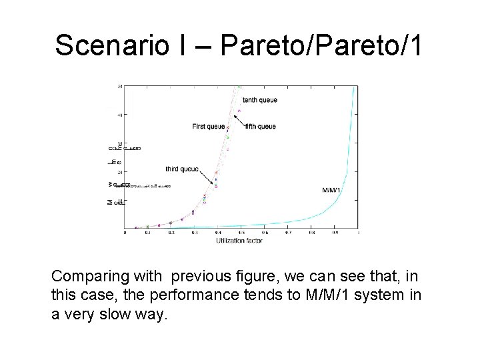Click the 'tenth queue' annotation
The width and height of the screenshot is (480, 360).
point(259,100)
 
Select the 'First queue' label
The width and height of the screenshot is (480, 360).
point(209,126)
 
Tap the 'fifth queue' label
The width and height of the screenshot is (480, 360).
point(260,126)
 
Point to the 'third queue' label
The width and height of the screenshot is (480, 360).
point(182,169)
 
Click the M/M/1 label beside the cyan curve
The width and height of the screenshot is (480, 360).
point(331,190)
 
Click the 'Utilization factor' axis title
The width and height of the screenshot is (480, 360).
point(239,241)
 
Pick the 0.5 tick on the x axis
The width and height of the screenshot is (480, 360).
point(241,233)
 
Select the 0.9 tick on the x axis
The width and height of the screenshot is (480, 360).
point(335,233)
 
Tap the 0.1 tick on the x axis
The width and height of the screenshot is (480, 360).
point(147,233)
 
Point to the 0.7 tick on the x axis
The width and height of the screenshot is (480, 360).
point(288,233)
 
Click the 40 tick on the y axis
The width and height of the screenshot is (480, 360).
point(120,115)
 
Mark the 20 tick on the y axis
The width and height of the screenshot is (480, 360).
point(120,171)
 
